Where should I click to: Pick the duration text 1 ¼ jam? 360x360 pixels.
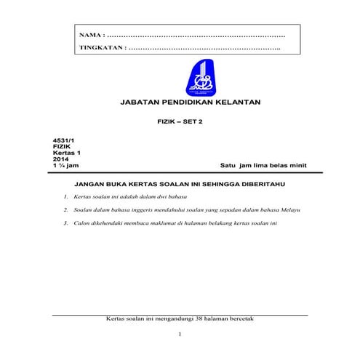[x=56, y=166]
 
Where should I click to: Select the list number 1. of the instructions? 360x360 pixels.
[x=65, y=197]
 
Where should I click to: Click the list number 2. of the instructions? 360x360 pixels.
[x=65, y=209]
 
